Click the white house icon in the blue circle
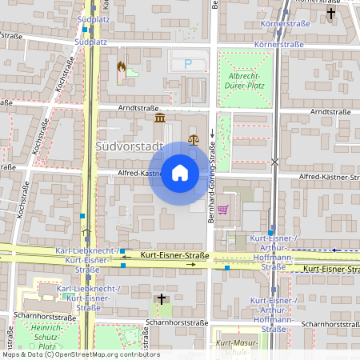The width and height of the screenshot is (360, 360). click(x=180, y=173)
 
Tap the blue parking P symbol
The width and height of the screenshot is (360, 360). click(x=188, y=63)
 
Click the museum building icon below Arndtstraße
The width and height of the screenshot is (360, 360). click(x=160, y=118)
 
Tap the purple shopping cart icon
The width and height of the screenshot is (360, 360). click(x=222, y=210)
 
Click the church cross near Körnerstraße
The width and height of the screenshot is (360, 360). click(x=331, y=14)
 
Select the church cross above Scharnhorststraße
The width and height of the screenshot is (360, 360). click(x=161, y=298)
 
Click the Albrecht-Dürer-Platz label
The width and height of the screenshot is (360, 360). click(x=246, y=80)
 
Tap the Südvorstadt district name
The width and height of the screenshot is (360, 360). click(x=129, y=146)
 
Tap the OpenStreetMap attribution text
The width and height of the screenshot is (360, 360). click(x=80, y=354)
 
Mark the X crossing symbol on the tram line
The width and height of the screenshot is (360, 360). click(x=275, y=162)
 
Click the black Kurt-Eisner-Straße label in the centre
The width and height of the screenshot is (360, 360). click(x=174, y=255)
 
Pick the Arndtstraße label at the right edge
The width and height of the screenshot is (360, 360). click(x=332, y=112)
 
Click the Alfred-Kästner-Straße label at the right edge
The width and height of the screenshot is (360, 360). click(x=328, y=176)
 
